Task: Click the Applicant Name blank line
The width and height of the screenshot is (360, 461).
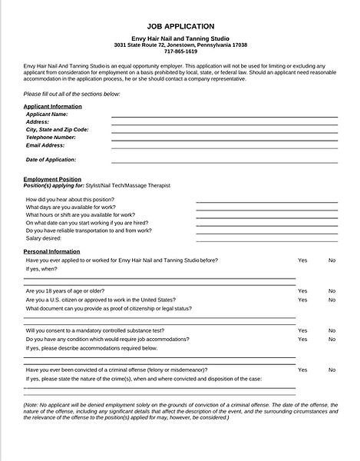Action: (x=224, y=116)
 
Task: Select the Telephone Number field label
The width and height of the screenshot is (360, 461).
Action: (x=56, y=137)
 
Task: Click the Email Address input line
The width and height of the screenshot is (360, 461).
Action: (x=224, y=147)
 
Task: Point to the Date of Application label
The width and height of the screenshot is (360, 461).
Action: (x=51, y=160)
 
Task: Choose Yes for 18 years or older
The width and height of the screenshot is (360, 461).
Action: (x=302, y=291)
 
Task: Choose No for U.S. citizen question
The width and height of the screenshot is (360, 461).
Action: (x=332, y=300)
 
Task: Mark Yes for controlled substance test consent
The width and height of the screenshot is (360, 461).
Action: (x=302, y=330)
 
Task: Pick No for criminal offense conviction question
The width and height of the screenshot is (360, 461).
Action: (x=332, y=370)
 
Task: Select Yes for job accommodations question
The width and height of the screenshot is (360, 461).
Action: (x=302, y=339)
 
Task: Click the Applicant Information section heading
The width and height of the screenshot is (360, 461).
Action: (x=53, y=105)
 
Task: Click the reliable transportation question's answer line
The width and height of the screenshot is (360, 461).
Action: (x=266, y=230)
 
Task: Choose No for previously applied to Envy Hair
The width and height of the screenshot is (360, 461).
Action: (x=332, y=260)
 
